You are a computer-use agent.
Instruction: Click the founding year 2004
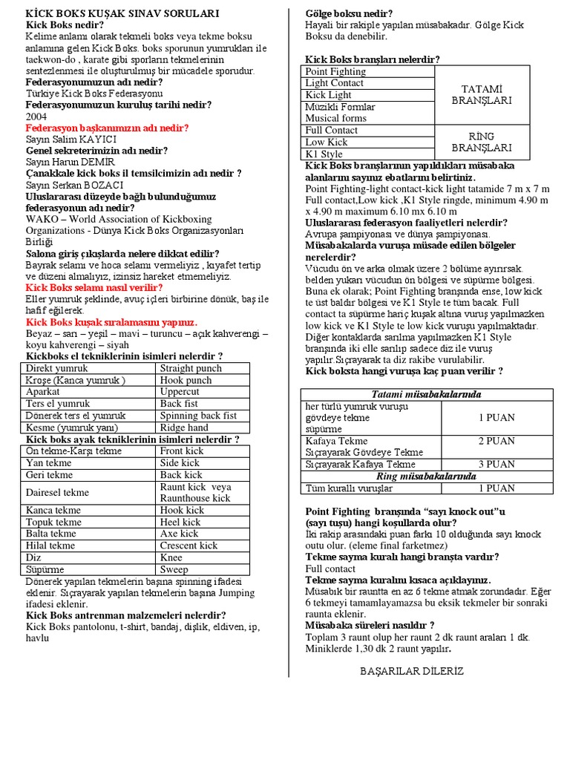[x=36, y=117]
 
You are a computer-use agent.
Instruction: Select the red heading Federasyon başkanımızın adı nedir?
[x=107, y=128]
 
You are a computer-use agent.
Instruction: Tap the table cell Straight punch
[x=191, y=368]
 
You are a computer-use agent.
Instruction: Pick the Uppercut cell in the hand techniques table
[x=180, y=392]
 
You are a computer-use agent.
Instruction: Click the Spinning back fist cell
[x=198, y=416]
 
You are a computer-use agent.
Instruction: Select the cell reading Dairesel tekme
[x=57, y=492]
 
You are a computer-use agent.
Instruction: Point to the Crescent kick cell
[x=189, y=546]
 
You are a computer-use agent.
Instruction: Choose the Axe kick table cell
[x=180, y=534]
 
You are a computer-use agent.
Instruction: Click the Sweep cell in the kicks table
[x=174, y=569]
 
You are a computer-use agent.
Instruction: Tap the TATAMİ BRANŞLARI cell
[x=482, y=94]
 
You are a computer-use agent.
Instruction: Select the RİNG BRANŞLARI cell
[x=482, y=142]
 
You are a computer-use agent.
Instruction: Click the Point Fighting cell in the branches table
[x=335, y=71]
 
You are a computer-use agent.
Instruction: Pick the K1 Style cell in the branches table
[x=324, y=154]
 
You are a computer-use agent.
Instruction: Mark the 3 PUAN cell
[x=497, y=464]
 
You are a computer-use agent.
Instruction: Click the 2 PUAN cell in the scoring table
[x=497, y=441]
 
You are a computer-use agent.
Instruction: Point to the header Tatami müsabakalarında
[x=426, y=394]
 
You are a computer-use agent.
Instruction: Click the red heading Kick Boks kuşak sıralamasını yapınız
[x=111, y=322]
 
